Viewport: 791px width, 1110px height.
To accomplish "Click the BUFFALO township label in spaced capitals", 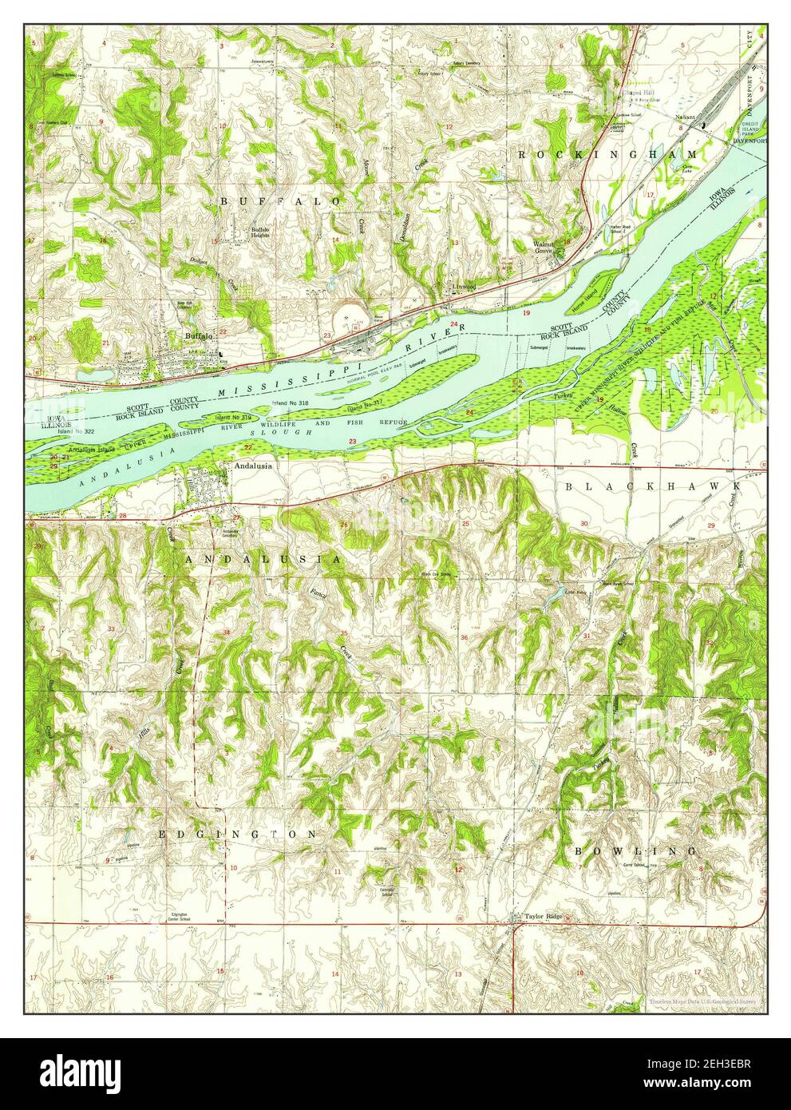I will [x=280, y=202].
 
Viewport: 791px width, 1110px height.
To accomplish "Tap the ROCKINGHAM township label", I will [x=607, y=153].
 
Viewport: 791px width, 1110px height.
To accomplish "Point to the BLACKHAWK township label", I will [x=654, y=486].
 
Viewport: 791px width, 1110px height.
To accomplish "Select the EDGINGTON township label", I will [x=238, y=834].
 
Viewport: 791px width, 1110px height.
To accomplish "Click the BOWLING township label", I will [x=635, y=851].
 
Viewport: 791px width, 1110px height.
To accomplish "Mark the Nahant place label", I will [x=684, y=117].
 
